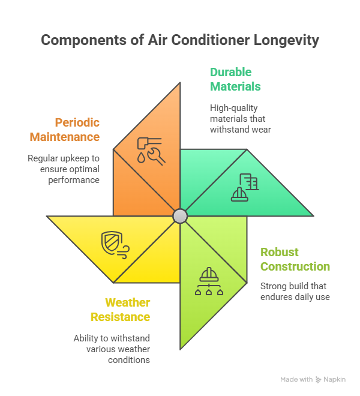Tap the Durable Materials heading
235,79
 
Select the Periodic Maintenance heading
65,130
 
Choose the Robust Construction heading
295,259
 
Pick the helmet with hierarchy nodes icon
209,281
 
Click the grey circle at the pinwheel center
180,216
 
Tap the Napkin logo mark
318,380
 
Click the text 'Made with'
296,380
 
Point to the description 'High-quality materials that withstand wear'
240,118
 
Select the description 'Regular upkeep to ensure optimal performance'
63,169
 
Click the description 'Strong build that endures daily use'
295,292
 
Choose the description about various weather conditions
112,349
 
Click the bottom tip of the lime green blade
181,347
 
